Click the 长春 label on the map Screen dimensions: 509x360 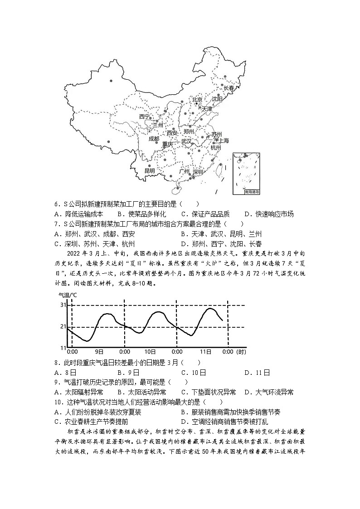pos(229,89)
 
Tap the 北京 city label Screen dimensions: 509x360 pos(197,100)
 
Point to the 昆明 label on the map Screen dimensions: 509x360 pos(150,171)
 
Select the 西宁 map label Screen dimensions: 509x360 pos(144,116)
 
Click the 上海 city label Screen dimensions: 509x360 pos(224,141)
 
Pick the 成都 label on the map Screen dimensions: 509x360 pos(154,139)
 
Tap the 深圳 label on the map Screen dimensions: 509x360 pos(199,172)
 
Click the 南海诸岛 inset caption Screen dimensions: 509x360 pos(245,192)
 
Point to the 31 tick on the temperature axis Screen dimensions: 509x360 pos(63,305)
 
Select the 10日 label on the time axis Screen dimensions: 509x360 pos(150,352)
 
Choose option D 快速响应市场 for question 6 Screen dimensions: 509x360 pos(268,214)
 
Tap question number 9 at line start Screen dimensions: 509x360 pos(56,382)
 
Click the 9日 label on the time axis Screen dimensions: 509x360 pos(99,352)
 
